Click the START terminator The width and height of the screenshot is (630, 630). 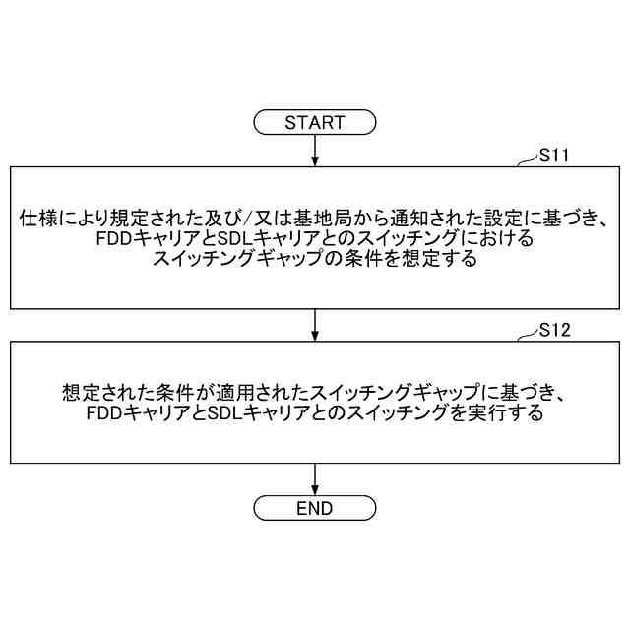315,123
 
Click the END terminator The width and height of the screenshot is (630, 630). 315,508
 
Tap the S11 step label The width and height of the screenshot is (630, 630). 555,156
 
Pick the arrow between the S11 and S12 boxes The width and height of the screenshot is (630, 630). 315,325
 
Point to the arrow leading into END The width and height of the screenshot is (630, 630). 315,479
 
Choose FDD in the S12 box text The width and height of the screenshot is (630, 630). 104,414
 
